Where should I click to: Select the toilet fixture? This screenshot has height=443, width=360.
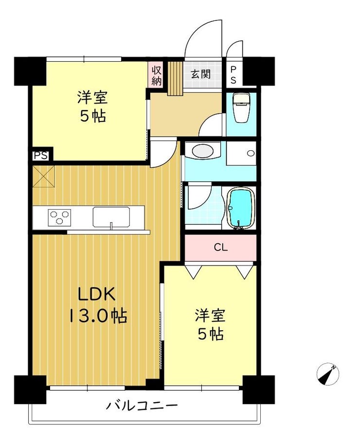click(241, 108)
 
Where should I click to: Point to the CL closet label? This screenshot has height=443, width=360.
click(221, 248)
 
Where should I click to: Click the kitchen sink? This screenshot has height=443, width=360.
click(111, 217)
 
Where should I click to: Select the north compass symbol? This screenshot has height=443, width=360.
click(328, 374)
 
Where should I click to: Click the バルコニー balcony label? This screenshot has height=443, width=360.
click(142, 406)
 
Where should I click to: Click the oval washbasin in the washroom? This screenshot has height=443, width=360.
click(202, 151)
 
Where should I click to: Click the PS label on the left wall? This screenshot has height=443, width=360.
click(40, 156)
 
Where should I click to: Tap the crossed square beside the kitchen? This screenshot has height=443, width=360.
click(43, 177)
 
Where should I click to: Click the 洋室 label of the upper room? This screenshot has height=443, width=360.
click(92, 97)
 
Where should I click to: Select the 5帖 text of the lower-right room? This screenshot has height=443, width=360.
click(211, 335)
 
